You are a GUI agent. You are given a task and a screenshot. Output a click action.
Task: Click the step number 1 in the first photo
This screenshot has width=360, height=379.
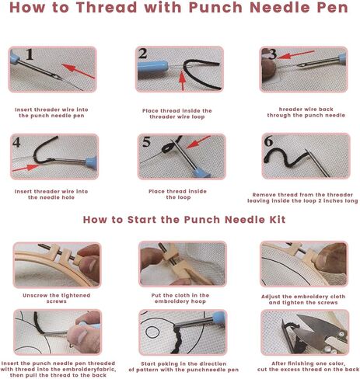point(30,56)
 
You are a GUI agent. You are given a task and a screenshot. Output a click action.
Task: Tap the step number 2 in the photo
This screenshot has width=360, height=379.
point(143,54)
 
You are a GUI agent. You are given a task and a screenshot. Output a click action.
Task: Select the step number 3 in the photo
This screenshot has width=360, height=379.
point(272,55)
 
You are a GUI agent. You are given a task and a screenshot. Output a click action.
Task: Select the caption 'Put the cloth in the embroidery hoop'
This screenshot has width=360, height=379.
point(182,297)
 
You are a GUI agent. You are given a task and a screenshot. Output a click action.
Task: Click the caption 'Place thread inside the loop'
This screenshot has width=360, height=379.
point(182,193)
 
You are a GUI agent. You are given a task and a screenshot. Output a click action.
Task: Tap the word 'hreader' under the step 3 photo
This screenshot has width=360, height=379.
point(282,110)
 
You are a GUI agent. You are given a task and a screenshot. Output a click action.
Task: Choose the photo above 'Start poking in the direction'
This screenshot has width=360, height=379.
point(182,332)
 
